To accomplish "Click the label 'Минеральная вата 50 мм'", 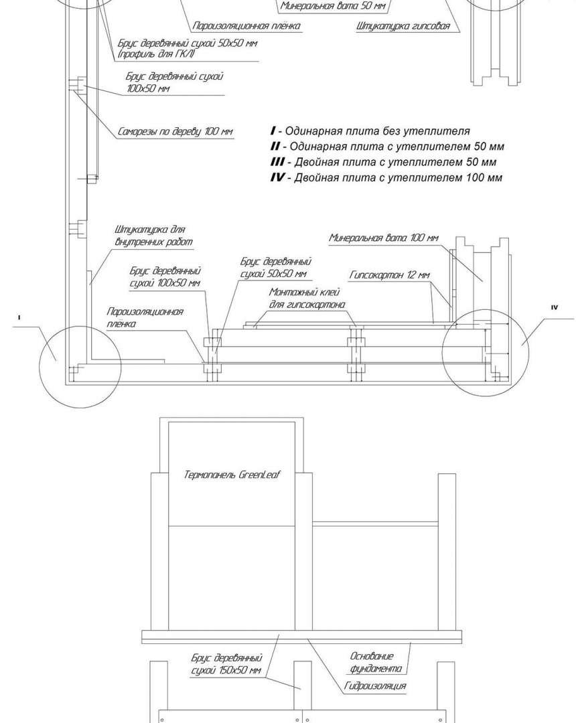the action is [x=333, y=6].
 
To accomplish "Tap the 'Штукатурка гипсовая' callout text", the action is [x=403, y=26].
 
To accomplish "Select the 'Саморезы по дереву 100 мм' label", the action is [x=175, y=131].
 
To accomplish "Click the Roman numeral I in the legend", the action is [x=273, y=131].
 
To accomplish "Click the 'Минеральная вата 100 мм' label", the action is [x=383, y=238].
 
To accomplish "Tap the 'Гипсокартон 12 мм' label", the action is [x=390, y=275].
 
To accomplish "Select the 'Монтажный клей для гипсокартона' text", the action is [x=307, y=299].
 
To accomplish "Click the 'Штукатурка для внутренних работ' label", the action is [x=153, y=236].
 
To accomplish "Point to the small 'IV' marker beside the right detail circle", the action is [x=555, y=307].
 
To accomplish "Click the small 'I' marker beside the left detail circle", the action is [x=19, y=318].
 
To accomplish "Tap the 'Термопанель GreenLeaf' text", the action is [x=232, y=475].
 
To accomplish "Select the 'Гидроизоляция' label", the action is [x=375, y=686].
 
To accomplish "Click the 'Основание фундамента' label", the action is [x=376, y=661].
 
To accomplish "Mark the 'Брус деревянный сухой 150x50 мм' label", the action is [x=226, y=664].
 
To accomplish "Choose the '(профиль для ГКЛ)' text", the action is [x=156, y=54].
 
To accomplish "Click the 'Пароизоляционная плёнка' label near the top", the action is [x=246, y=26].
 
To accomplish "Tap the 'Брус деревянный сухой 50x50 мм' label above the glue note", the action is [x=276, y=267].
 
